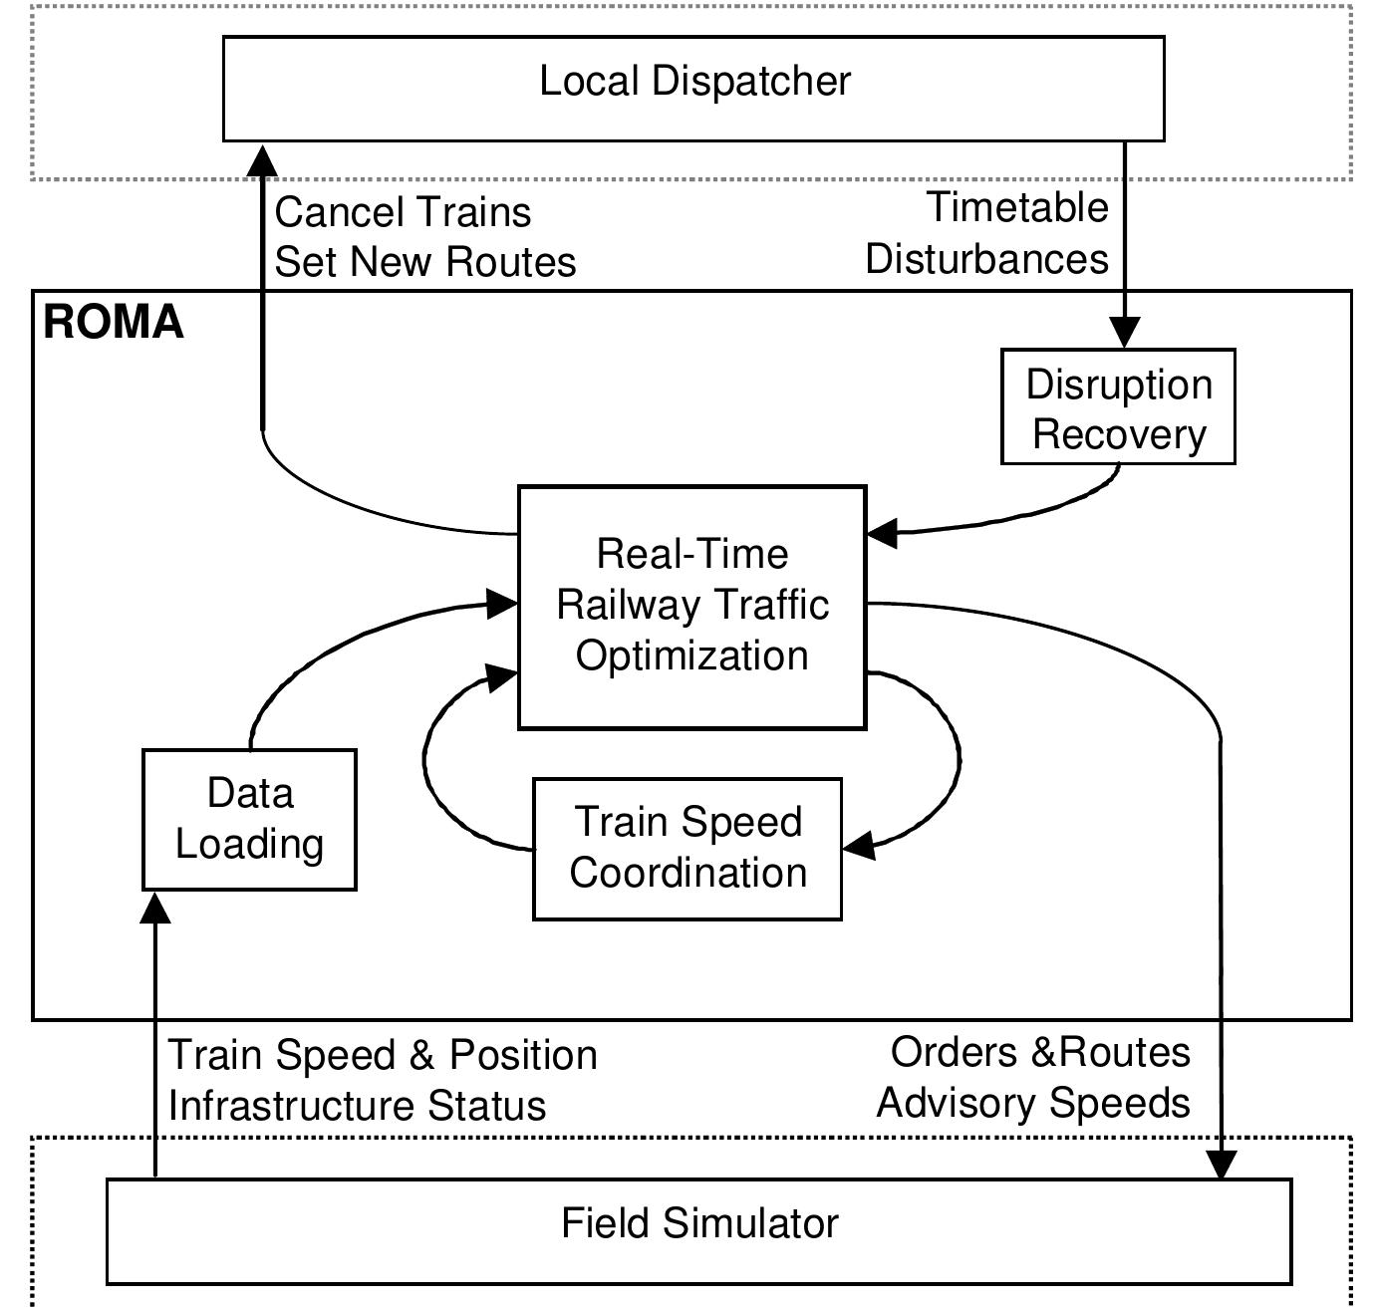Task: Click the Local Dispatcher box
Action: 693,89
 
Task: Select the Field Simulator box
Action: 698,1230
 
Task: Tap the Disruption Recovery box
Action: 1118,407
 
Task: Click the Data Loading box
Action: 249,819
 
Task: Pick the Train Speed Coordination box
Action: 687,848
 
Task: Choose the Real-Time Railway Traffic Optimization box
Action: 691,607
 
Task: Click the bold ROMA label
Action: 114,323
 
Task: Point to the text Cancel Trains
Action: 403,212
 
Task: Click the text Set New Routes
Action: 425,262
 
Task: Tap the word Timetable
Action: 1017,207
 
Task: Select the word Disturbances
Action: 986,259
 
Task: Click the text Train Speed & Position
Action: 383,1055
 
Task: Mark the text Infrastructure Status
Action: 357,1106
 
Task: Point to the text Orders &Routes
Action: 1040,1052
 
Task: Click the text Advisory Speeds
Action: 1033,1103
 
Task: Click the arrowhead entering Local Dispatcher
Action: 263,159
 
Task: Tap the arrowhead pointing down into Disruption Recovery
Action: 1125,333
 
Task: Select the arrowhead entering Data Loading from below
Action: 155,908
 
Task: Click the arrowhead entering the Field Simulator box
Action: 1222,1165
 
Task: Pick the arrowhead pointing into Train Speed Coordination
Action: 859,846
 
